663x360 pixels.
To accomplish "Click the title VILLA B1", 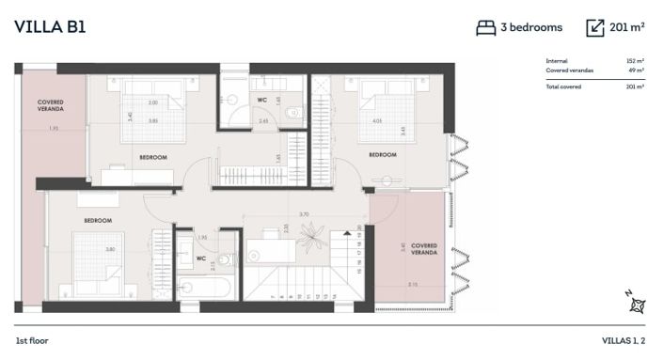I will coord(51,26).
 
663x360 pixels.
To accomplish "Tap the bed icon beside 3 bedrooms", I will coord(485,28).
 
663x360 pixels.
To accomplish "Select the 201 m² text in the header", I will coord(626,27).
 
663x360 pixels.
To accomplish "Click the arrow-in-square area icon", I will coord(594,28).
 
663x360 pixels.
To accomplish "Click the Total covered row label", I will coord(563,86).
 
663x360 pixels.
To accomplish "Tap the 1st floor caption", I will coord(32,340).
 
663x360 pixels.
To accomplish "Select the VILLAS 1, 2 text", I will coord(623,340).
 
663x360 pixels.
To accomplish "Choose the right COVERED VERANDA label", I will coord(424,249).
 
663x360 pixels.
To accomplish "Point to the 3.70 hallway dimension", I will coord(304,214).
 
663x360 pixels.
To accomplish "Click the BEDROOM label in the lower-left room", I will coord(98,221).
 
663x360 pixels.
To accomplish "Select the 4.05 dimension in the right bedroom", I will coord(377,120).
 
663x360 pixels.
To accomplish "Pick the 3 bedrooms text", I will coord(533,27).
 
